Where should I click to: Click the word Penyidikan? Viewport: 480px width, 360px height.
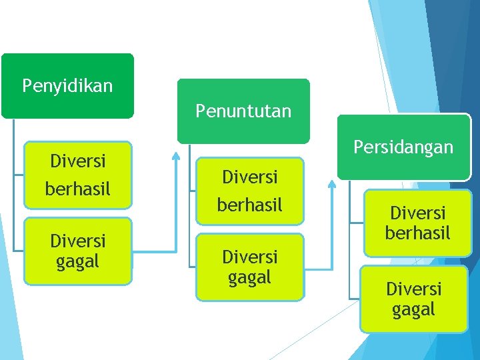click(67, 86)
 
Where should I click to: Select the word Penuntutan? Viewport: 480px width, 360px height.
click(243, 111)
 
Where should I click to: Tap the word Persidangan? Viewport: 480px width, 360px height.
click(404, 147)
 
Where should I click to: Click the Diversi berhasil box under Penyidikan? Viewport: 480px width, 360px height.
click(77, 175)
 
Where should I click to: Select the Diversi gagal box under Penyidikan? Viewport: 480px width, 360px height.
click(77, 251)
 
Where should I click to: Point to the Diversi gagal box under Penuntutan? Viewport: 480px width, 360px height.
click(249, 266)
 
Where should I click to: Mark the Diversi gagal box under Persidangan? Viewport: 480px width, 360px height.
click(413, 299)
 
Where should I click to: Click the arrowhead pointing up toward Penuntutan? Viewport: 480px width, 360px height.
click(175, 157)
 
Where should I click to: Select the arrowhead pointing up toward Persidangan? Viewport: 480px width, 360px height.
click(332, 181)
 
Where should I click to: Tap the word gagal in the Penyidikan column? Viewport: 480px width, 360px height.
click(77, 261)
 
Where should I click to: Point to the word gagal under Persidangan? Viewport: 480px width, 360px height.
click(413, 309)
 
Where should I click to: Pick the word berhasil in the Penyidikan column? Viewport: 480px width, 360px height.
click(77, 189)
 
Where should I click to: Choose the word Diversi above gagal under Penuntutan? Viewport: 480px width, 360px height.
click(249, 256)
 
